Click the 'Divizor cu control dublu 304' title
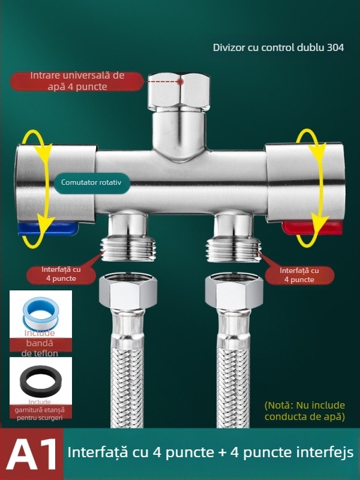click(x=278, y=47)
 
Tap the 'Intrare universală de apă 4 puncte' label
click(x=77, y=81)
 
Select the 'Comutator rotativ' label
click(x=95, y=182)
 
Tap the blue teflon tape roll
click(x=40, y=314)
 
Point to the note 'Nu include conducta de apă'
click(x=305, y=411)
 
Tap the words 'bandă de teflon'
click(x=40, y=348)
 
